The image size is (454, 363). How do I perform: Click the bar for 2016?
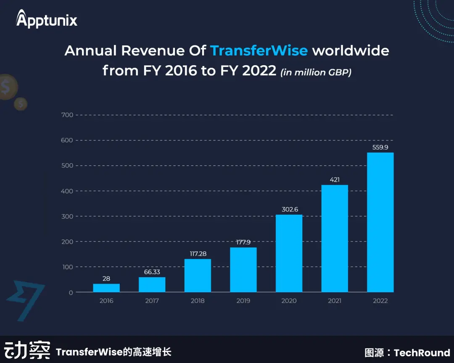click(106, 288)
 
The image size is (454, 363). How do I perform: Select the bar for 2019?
click(243, 270)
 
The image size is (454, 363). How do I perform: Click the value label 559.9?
click(380, 147)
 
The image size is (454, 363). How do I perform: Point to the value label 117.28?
click(198, 254)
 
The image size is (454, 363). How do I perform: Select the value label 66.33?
click(152, 272)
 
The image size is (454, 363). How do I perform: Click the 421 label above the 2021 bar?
click(335, 180)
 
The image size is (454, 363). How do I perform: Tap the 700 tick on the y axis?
click(67, 115)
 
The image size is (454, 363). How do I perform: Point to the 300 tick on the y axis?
click(67, 216)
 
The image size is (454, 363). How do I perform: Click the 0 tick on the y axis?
click(71, 292)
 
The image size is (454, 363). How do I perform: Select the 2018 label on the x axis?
click(198, 301)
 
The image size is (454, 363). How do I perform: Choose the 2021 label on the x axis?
click(335, 301)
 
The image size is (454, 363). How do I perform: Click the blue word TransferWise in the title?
click(259, 51)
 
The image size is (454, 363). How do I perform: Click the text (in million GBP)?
click(316, 72)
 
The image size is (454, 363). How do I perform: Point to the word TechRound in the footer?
click(422, 352)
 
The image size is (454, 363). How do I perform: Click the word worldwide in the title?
click(351, 51)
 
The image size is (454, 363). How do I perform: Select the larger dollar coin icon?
click(7, 87)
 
